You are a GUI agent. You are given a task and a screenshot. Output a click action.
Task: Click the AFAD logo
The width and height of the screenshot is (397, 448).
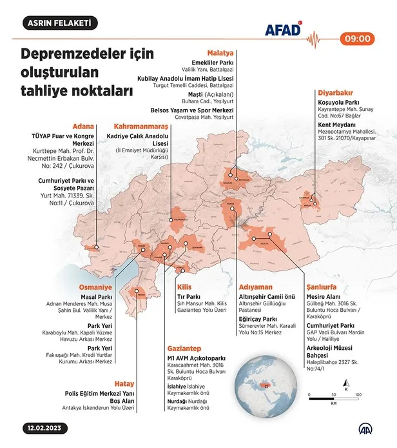click(x=283, y=30)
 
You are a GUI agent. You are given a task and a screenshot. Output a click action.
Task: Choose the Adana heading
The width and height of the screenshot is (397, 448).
click(x=84, y=126)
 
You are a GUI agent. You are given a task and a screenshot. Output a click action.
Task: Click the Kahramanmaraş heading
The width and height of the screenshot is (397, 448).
click(x=140, y=126)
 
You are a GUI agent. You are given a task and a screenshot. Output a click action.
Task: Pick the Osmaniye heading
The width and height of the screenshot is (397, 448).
click(x=95, y=287)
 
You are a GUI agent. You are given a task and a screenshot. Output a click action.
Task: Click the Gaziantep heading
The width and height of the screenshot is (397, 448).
click(x=183, y=347)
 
